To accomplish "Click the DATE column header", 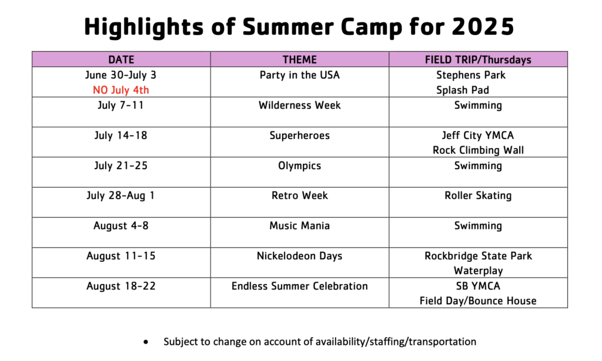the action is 121,60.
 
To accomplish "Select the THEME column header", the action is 299,60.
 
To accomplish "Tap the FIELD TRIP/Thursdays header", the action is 478,60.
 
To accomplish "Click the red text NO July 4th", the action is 121,90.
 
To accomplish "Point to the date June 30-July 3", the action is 121,75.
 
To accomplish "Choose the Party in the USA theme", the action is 299,75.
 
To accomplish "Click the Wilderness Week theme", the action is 299,106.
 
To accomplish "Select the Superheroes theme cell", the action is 299,136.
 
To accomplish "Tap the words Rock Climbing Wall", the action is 478,150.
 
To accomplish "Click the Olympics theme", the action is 299,166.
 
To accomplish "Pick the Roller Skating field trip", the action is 478,196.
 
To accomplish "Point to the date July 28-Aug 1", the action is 121,196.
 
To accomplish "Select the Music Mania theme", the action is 299,226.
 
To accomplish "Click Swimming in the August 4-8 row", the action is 478,226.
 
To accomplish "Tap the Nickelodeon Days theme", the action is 299,256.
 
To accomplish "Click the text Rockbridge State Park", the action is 478,256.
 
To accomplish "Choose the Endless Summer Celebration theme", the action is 299,286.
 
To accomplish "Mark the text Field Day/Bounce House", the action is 478,301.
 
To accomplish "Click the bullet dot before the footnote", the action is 146,342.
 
